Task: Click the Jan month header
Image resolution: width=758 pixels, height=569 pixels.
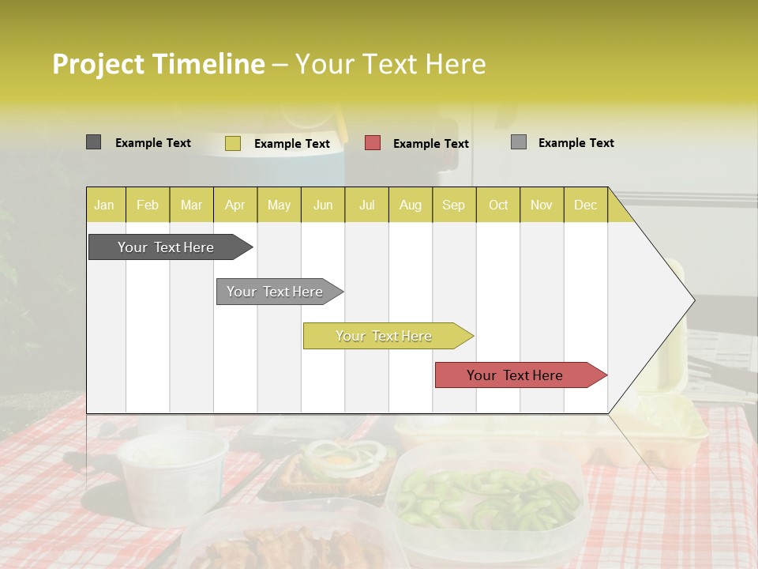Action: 104,205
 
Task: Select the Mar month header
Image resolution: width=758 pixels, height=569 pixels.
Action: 191,205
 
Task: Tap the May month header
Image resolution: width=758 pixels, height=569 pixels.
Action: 279,205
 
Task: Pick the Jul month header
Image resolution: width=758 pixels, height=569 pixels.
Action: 366,205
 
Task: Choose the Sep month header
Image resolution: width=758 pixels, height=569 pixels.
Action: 453,205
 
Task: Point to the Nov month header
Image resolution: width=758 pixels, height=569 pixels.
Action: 541,205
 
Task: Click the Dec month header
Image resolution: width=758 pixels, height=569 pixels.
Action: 585,205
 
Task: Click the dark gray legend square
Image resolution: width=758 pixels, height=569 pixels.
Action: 94,142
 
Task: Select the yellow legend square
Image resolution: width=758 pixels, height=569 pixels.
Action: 233,143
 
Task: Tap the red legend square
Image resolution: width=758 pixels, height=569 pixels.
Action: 373,143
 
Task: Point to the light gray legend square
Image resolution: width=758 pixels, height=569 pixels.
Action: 519,142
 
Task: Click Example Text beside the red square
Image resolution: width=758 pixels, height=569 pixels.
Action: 430,144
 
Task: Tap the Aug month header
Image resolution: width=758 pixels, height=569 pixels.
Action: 410,205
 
